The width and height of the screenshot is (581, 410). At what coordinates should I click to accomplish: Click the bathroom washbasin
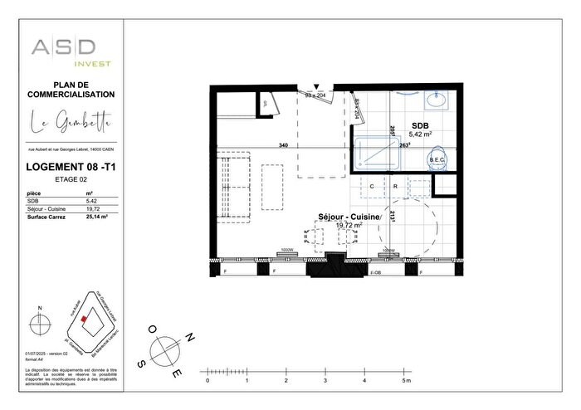click(437, 102)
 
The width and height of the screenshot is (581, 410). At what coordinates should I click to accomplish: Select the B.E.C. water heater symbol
click(437, 159)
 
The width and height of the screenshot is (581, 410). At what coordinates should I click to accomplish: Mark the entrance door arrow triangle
click(317, 85)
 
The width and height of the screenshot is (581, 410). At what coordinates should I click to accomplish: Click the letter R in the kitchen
click(395, 187)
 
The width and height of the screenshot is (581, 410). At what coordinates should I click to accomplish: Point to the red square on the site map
click(84, 318)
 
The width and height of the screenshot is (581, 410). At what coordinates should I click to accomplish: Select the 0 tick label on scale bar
click(207, 381)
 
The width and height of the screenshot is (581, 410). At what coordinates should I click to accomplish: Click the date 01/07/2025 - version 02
click(51, 353)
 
